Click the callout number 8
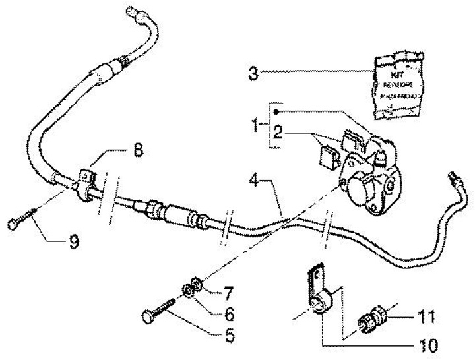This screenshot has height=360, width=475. click(x=137, y=150)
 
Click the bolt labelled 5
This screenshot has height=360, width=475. click(x=158, y=313)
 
